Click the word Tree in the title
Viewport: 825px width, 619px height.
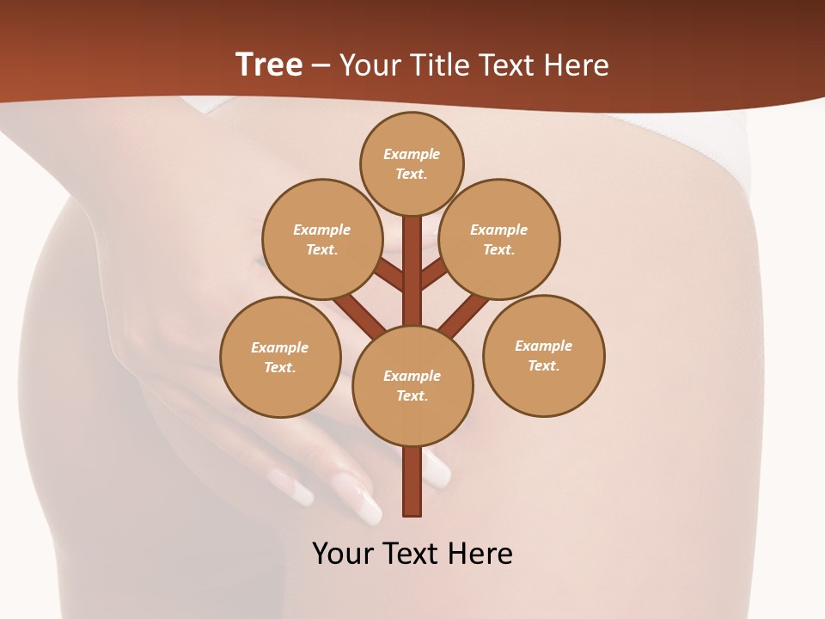pos(269,64)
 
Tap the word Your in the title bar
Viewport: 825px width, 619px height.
pos(370,64)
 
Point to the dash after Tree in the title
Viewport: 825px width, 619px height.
pos(321,66)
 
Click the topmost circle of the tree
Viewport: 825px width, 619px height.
pos(412,163)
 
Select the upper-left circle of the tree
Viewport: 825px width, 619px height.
pos(321,239)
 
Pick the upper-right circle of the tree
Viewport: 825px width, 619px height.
pos(499,239)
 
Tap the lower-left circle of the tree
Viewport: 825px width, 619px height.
pos(280,357)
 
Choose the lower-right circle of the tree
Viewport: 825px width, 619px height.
pos(543,355)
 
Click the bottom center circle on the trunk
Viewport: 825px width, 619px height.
pos(412,385)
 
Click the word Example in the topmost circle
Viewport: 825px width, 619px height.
pos(412,154)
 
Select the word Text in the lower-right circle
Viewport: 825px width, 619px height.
pos(543,365)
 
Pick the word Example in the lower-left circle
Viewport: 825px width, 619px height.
pos(280,347)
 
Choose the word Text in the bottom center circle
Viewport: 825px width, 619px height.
pos(412,395)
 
